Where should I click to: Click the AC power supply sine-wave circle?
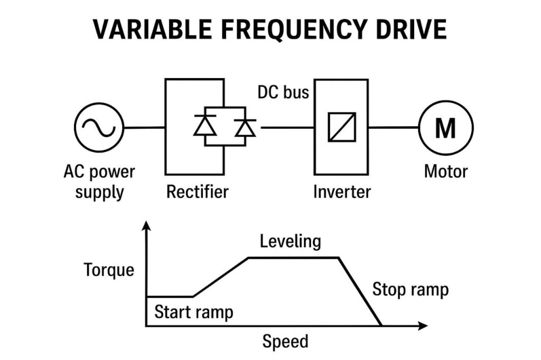[99, 127]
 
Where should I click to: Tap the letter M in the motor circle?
[445, 128]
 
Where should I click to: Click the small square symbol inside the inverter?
[342, 127]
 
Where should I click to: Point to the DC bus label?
[283, 92]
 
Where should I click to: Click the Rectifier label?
[197, 191]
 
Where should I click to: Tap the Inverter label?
[342, 191]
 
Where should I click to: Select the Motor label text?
[445, 172]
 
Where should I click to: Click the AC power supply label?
[99, 181]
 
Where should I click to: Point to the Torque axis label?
[109, 270]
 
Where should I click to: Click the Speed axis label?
[285, 342]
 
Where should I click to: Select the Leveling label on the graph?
[291, 241]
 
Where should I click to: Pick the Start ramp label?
[193, 312]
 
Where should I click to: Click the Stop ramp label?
[411, 289]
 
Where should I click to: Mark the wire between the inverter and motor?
[393, 127]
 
